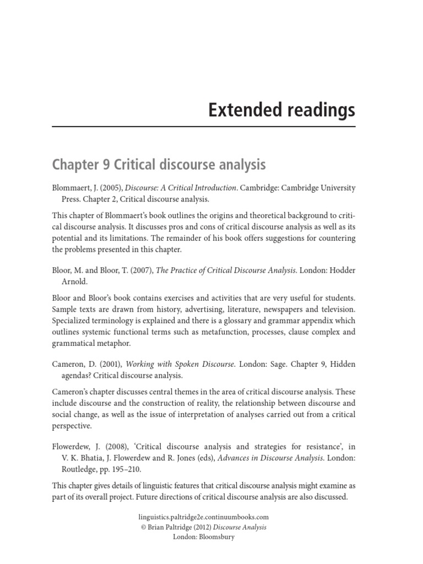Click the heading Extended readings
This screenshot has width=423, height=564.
point(281,110)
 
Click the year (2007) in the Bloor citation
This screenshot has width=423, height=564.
point(142,270)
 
